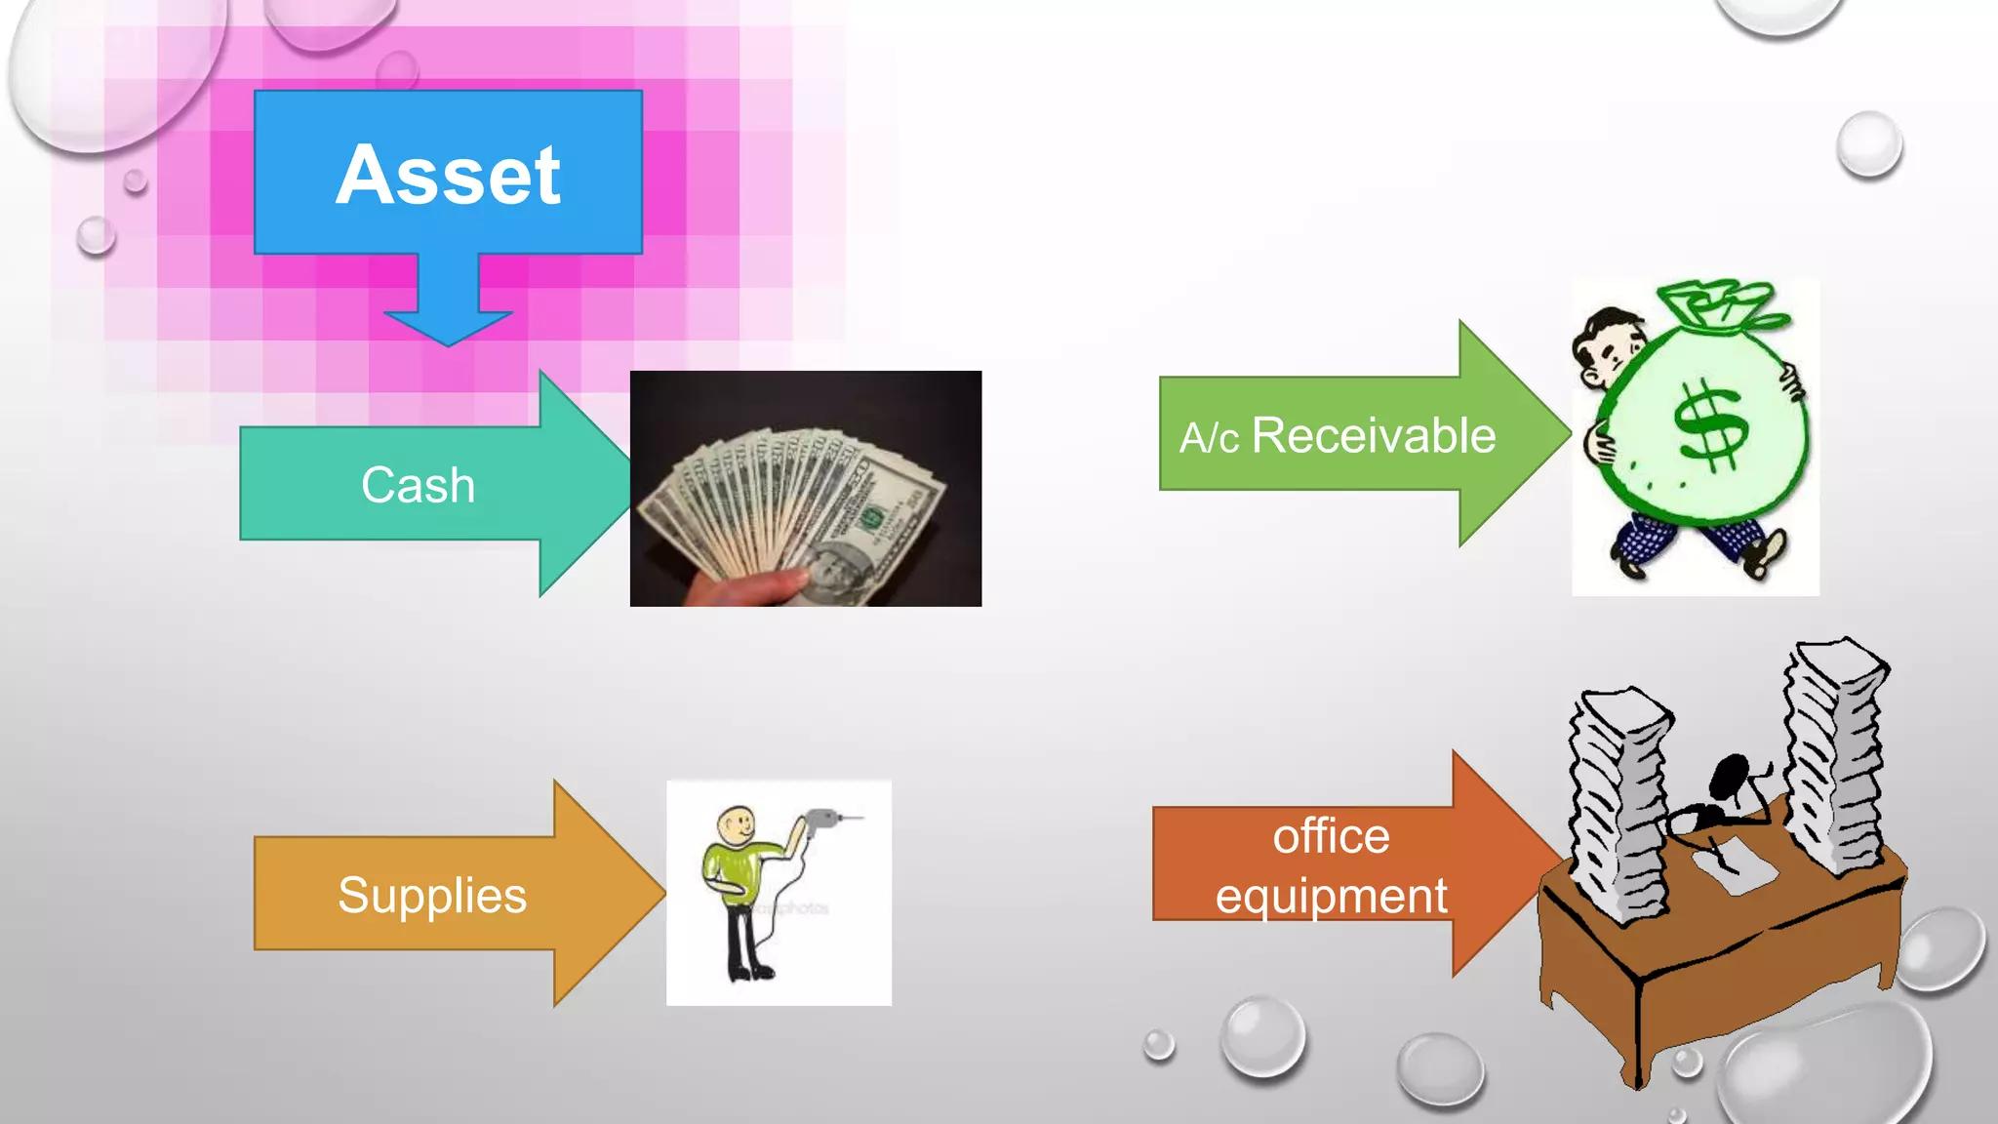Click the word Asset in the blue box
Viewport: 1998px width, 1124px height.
(x=448, y=176)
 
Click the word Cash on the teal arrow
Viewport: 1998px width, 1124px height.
(x=418, y=485)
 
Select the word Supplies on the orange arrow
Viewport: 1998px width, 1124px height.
(x=431, y=895)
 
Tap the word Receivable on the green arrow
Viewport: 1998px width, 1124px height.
(x=1373, y=435)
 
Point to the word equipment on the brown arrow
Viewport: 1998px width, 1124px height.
(x=1331, y=896)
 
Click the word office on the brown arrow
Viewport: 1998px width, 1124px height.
(x=1331, y=837)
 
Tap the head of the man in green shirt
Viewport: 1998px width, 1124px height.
(x=737, y=825)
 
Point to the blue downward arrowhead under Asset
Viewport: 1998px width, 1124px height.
(x=448, y=327)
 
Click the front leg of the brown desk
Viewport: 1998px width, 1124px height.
(x=1639, y=1034)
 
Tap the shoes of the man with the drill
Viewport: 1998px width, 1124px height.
(x=749, y=972)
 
